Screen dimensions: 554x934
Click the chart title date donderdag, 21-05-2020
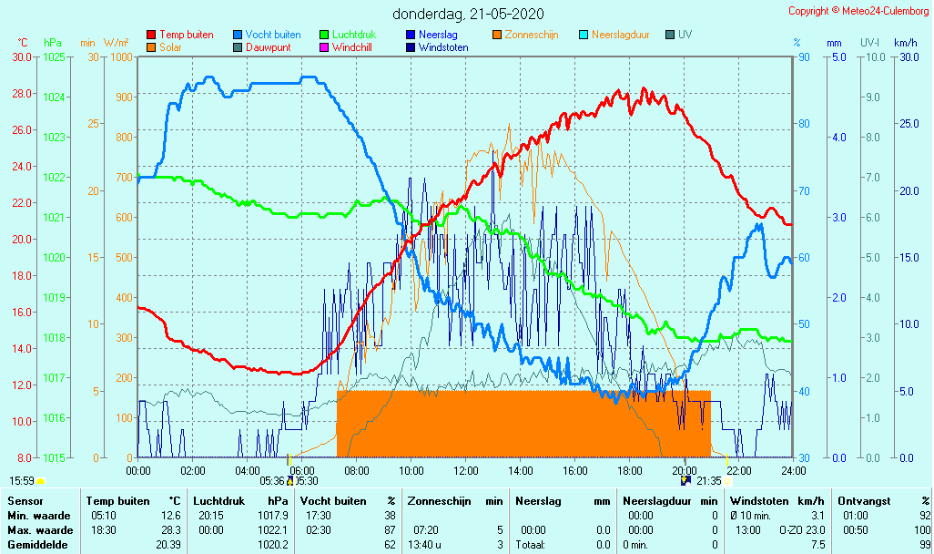coord(469,14)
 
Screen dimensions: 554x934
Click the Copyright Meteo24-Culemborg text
coord(859,11)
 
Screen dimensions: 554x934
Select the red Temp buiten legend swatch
coord(151,35)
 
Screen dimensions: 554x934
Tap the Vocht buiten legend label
coord(273,35)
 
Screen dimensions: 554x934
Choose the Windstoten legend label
coord(443,47)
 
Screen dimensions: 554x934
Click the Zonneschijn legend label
coord(532,35)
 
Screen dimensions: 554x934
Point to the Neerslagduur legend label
coord(620,35)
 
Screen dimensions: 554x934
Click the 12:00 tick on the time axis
coord(465,470)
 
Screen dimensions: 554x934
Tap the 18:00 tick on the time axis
coord(629,470)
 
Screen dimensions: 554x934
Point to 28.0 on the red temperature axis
coord(23,94)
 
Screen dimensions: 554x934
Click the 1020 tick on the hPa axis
coord(54,258)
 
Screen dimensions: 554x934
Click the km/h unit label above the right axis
coord(905,43)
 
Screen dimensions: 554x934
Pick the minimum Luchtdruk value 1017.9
coord(275,516)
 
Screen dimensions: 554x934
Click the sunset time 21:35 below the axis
coord(708,481)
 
